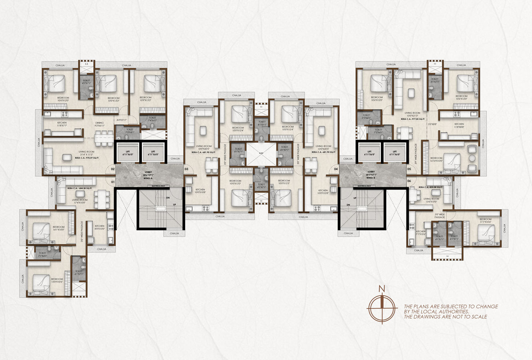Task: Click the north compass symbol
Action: pos(383,307)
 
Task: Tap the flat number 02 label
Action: pos(113,169)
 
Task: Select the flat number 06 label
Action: pos(409,181)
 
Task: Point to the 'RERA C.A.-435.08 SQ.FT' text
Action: pos(431,187)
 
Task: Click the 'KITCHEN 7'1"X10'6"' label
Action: pos(421,233)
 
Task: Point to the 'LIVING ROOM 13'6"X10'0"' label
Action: pos(432,200)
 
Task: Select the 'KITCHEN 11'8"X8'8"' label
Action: pos(459,126)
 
